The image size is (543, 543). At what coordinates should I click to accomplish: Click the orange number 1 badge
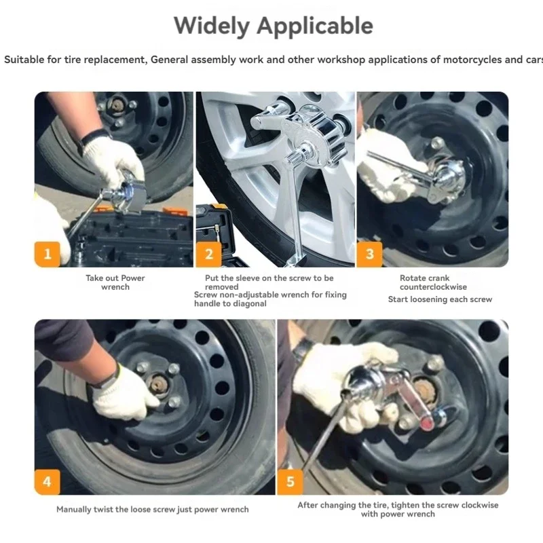(48, 254)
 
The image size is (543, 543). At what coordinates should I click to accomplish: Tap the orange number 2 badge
(209, 254)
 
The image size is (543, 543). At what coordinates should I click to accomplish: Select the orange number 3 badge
(370, 254)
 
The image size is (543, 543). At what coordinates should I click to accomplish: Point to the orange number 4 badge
(48, 482)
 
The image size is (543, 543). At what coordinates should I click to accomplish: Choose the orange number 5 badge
(291, 482)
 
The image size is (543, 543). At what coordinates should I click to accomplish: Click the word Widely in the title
(211, 26)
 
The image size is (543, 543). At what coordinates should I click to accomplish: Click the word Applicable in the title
(315, 26)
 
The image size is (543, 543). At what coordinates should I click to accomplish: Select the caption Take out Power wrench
(115, 282)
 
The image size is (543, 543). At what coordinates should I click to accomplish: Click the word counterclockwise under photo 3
(433, 286)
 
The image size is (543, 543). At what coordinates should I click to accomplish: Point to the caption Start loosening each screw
(440, 299)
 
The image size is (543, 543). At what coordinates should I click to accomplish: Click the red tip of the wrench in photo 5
(427, 424)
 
